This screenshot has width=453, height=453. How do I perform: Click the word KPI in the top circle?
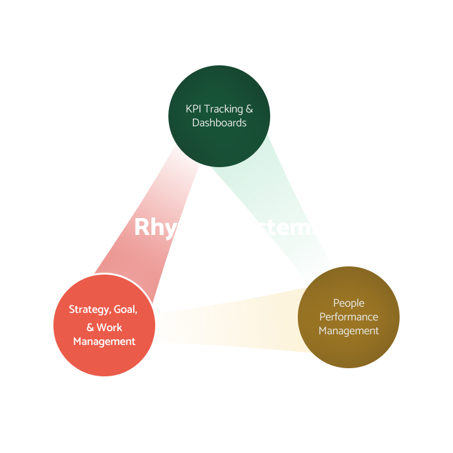click(194, 109)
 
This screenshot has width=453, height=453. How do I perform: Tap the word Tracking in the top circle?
click(224, 109)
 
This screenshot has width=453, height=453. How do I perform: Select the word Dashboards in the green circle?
click(219, 123)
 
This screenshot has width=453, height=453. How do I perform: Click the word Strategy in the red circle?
click(89, 310)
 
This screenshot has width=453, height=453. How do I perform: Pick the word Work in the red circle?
click(110, 327)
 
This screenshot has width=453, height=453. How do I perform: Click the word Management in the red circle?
click(104, 342)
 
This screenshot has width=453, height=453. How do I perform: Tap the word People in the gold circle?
click(349, 303)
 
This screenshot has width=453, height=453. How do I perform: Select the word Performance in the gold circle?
click(349, 317)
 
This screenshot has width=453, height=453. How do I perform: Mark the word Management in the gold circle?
click(349, 331)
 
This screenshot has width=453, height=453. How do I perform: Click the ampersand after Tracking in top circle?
click(249, 109)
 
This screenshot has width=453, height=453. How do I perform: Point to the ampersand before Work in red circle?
click(90, 327)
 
